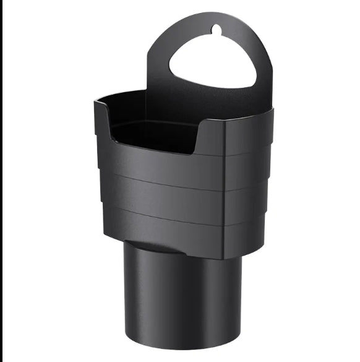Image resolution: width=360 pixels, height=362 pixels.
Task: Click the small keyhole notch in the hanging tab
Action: point(215,28)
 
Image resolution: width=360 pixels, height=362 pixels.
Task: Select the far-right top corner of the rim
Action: point(272,111)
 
